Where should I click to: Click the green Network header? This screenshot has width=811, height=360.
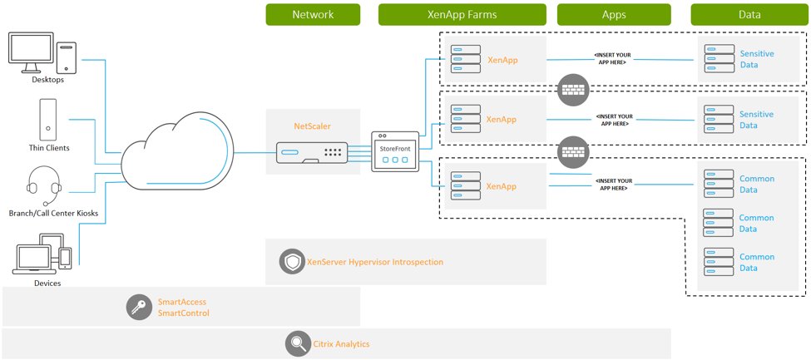(313, 14)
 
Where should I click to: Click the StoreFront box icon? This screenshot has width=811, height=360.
(395, 150)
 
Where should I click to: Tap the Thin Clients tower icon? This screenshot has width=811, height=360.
(48, 119)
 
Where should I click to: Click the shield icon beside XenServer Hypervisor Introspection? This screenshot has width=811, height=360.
(292, 261)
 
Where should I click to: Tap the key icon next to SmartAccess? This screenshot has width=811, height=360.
(139, 307)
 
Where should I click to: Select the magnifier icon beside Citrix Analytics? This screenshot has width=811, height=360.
(297, 343)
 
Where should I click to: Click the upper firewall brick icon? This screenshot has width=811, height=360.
(572, 86)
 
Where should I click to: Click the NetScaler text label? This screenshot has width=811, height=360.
(313, 127)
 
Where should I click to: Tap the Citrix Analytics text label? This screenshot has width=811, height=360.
(341, 343)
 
